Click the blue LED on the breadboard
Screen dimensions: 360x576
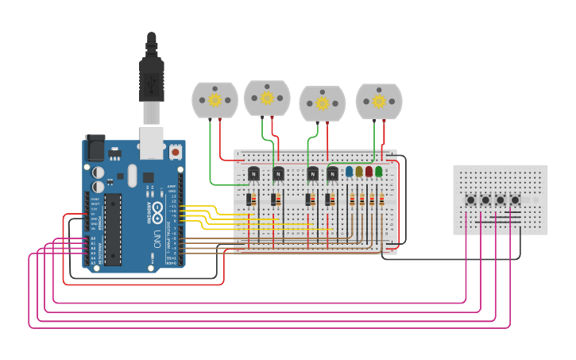pos(349,171)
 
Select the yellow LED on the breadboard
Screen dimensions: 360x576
pos(359,171)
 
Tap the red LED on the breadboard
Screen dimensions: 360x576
pos(369,171)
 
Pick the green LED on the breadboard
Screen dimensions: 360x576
pos(379,171)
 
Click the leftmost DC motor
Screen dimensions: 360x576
pos(215,100)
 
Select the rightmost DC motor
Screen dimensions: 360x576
pos(379,101)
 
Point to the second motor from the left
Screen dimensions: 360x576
pos(267,98)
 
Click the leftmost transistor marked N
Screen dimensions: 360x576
pos(253,173)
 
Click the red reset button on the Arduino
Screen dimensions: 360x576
pos(175,151)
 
